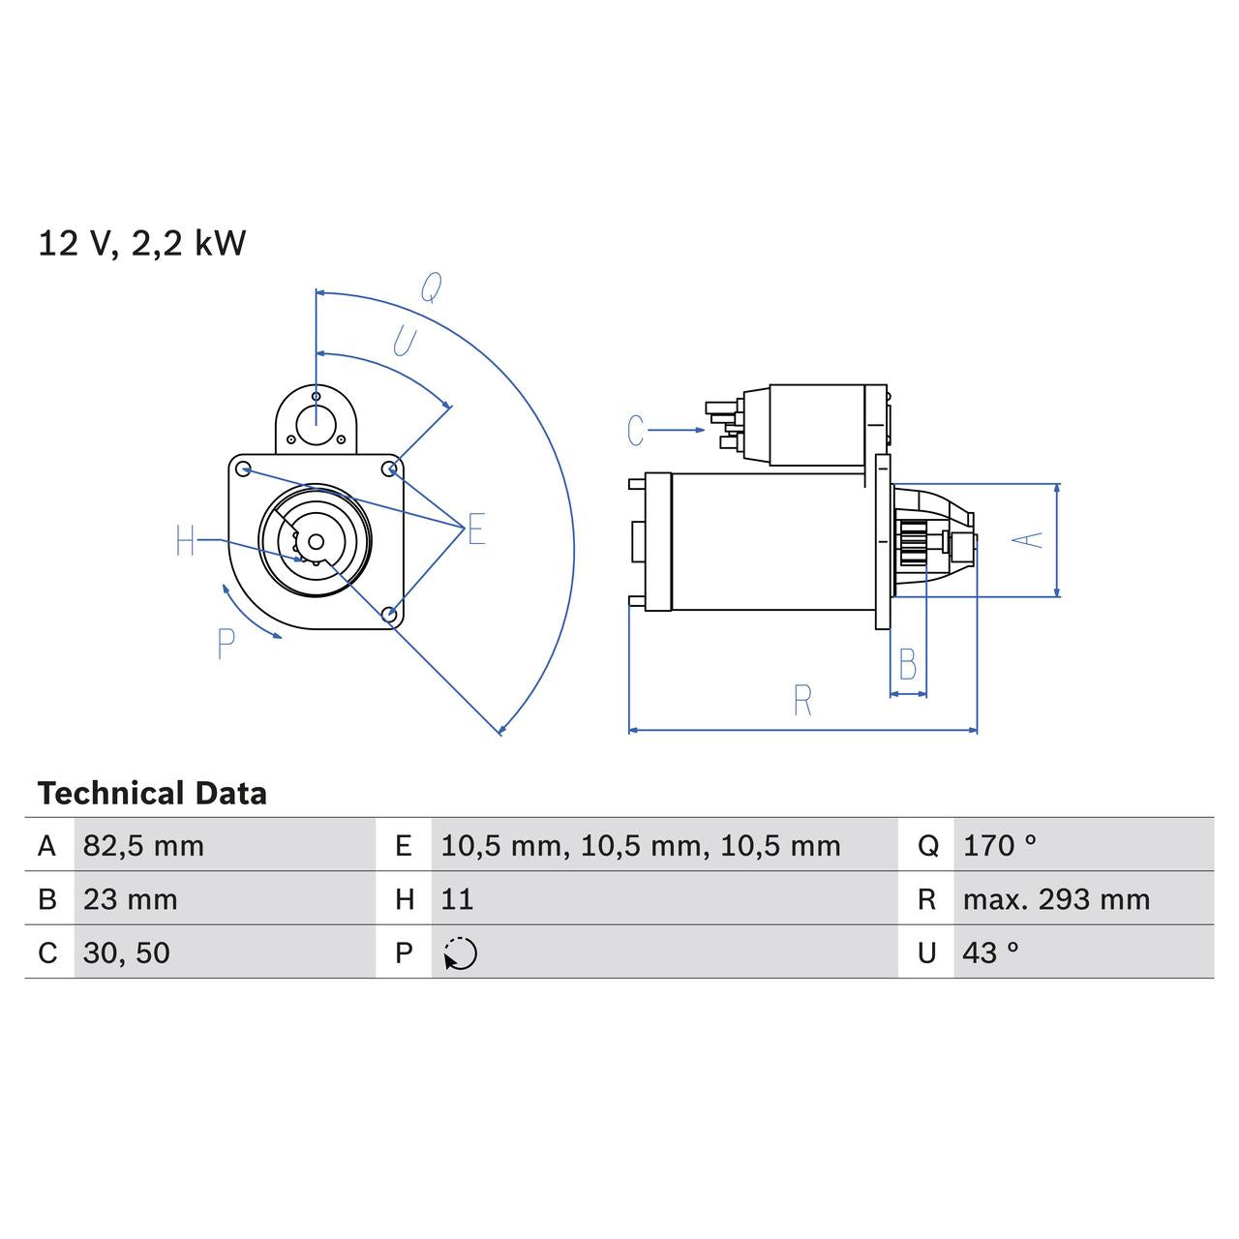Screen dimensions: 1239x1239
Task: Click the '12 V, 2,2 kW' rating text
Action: pyautogui.click(x=141, y=243)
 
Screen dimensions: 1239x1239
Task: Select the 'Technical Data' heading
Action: pyautogui.click(x=152, y=794)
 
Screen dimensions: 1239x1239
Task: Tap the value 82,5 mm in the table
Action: pyautogui.click(x=143, y=846)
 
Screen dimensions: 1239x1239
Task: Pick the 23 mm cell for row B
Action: pyautogui.click(x=130, y=899)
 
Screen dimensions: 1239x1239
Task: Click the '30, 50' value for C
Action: pyautogui.click(x=126, y=952)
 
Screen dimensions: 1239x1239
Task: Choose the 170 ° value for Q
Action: pyautogui.click(x=999, y=846)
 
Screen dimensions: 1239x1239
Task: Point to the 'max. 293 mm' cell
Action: pyautogui.click(x=1056, y=899)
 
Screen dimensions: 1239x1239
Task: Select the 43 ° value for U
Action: pyautogui.click(x=990, y=952)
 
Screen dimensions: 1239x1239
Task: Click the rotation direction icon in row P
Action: pyautogui.click(x=460, y=953)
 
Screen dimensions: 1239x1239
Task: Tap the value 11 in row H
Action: pyautogui.click(x=457, y=899)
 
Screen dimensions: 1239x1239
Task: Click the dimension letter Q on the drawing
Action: pyautogui.click(x=431, y=287)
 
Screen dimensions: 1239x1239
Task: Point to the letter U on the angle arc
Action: pyautogui.click(x=404, y=341)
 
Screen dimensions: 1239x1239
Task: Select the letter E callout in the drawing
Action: pyautogui.click(x=475, y=529)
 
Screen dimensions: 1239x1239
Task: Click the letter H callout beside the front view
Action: pyautogui.click(x=186, y=541)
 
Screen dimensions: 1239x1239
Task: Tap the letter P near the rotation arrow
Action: pyautogui.click(x=226, y=644)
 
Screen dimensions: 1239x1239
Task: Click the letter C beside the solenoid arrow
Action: pyautogui.click(x=635, y=431)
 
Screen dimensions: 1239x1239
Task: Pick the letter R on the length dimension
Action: pyautogui.click(x=801, y=701)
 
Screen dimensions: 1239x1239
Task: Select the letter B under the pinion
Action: pyautogui.click(x=907, y=665)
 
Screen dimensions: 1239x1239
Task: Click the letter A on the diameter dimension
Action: pyautogui.click(x=1032, y=539)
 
